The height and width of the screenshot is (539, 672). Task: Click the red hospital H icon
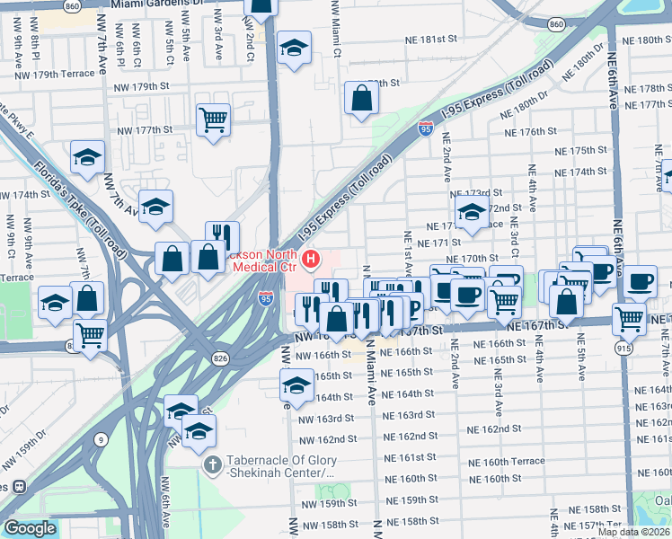[312, 261]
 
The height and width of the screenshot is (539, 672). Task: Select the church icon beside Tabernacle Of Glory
[211, 464]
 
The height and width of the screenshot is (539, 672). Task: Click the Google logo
[30, 528]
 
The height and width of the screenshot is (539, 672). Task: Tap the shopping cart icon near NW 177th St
[214, 119]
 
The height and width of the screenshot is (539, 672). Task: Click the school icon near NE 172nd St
[471, 214]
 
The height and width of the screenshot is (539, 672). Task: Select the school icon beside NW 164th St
[294, 386]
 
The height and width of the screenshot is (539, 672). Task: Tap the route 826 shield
[221, 358]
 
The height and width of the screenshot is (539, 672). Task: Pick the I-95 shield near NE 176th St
[425, 130]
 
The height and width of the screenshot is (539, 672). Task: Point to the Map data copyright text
[633, 532]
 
